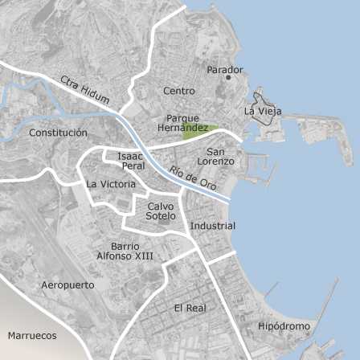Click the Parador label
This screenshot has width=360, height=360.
click(224, 70)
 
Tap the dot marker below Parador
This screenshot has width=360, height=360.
click(228, 78)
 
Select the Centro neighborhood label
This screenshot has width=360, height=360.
click(178, 91)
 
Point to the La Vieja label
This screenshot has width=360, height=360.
click(262, 111)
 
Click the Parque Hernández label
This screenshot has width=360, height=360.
click(182, 123)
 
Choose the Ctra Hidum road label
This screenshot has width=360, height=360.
click(84, 89)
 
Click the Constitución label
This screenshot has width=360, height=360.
click(58, 133)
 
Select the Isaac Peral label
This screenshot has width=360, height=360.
click(133, 161)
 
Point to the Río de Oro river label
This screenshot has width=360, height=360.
click(192, 178)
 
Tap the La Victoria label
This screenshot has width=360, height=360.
click(111, 184)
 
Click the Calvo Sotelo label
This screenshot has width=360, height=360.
click(161, 211)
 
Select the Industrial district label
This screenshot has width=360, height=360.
click(212, 226)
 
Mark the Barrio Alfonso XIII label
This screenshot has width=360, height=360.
click(125, 251)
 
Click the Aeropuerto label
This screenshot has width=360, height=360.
click(67, 285)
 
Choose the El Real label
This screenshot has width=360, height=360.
click(190, 308)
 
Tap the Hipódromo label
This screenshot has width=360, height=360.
click(284, 326)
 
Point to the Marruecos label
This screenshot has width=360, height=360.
click(32, 335)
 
